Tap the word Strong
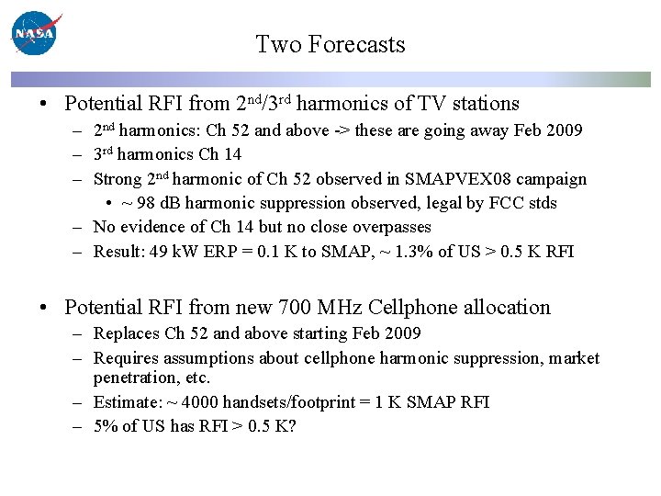pyautogui.click(x=118, y=179)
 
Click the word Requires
pyautogui.click(x=126, y=358)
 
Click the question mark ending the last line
pyautogui.click(x=292, y=426)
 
